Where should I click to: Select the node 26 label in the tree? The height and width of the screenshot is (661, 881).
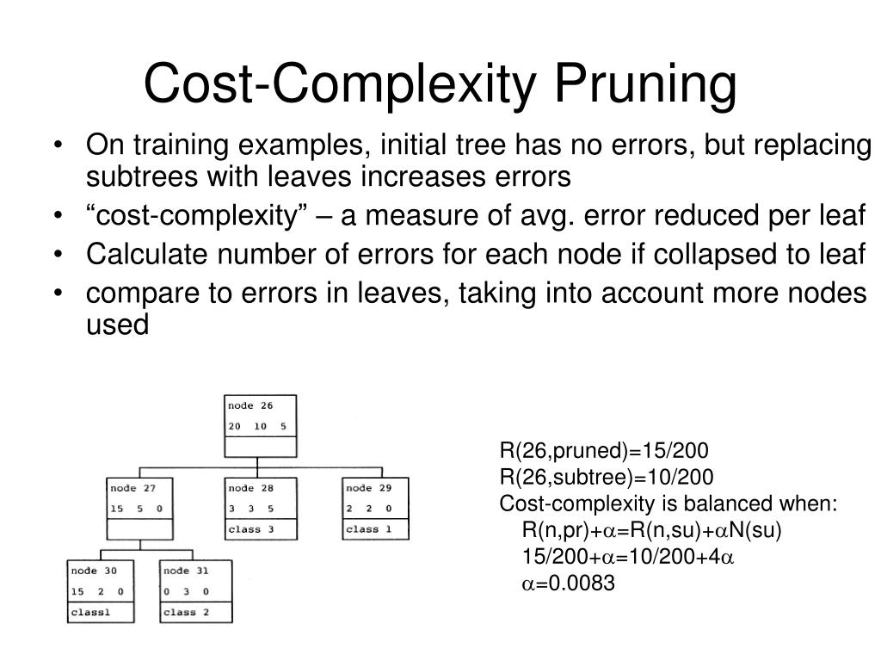250,405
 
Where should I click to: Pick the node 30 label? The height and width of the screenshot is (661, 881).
93,571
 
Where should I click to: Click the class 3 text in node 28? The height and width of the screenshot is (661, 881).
250,529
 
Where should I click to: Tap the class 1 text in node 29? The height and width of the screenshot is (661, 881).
368,529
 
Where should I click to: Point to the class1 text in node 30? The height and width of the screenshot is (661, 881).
91,612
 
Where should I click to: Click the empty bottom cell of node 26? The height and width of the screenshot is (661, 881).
261,447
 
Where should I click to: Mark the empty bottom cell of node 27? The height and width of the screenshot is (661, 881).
140,529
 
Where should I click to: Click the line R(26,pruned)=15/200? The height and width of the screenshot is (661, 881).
604,452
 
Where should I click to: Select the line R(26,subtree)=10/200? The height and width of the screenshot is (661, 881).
607,478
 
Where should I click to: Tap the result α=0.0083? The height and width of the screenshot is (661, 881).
568,584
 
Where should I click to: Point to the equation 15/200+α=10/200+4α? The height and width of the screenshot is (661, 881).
627,557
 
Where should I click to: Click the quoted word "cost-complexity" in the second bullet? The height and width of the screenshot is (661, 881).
205,216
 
